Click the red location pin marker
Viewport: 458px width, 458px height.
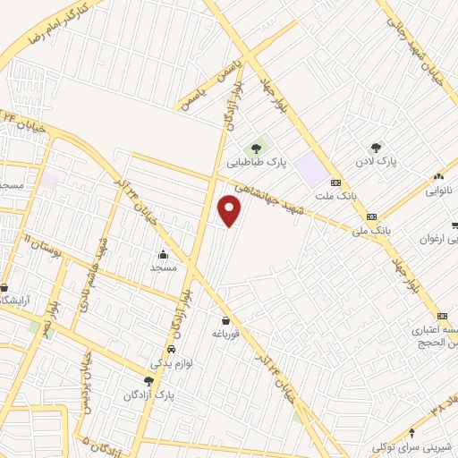[x=230, y=211]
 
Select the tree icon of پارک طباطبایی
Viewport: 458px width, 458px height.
[x=257, y=148]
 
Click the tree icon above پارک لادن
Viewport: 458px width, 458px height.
[x=376, y=148]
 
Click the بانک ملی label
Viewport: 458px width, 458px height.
[x=372, y=230]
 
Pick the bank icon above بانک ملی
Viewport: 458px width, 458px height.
[x=370, y=216]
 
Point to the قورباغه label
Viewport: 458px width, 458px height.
[x=228, y=334]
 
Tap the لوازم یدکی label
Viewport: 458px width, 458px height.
[x=171, y=364]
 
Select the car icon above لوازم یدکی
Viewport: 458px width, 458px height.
[x=171, y=350]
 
